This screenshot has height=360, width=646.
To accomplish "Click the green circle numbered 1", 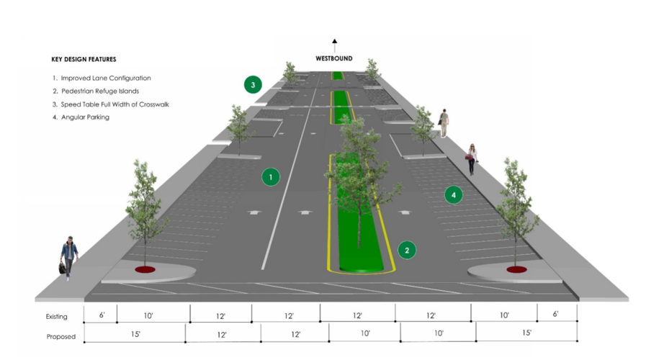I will (271, 176).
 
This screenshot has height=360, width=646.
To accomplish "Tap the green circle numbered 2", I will (407, 251).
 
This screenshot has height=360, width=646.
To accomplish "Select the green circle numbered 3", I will (252, 85).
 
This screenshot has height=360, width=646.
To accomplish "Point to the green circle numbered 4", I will (453, 194).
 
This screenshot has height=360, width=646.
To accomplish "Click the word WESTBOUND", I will (334, 58).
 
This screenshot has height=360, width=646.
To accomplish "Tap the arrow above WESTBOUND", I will (334, 45).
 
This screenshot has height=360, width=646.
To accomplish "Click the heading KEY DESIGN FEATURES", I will (84, 59).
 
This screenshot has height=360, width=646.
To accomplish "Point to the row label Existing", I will (57, 316).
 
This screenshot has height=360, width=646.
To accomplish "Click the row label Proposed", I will (60, 336).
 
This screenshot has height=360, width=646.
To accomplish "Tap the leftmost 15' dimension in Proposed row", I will (135, 334).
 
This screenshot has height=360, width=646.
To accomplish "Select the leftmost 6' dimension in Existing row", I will (102, 315).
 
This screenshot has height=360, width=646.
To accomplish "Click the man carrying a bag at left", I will (68, 257).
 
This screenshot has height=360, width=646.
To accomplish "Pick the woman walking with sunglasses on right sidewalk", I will (472, 158).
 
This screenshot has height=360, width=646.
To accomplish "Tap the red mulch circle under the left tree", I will (145, 270).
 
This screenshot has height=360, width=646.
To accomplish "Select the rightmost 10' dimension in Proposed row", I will (438, 334).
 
